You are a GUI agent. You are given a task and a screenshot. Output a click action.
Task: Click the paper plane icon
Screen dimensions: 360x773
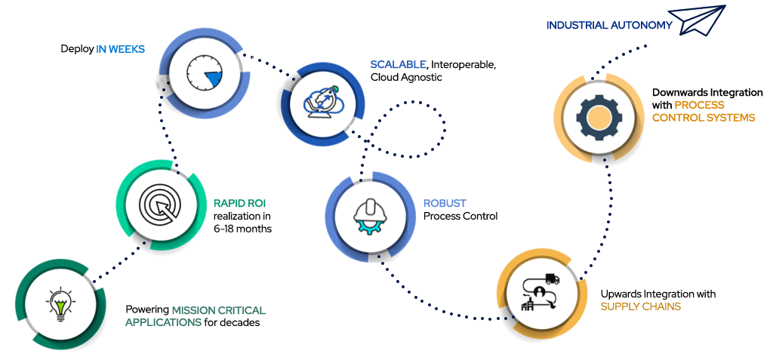tap(702, 20)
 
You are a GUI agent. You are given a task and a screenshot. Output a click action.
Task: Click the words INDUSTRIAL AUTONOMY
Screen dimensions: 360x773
tap(608, 25)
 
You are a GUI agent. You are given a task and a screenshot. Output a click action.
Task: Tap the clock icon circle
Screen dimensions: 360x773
tap(200, 73)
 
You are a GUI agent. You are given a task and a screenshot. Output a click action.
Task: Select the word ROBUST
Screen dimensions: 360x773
tap(445, 204)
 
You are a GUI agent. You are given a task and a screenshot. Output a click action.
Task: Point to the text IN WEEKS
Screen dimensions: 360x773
tap(120, 49)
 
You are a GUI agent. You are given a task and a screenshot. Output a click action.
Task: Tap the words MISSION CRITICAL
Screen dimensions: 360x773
tap(218, 309)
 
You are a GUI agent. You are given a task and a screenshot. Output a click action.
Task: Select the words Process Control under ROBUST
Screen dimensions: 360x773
tap(461, 217)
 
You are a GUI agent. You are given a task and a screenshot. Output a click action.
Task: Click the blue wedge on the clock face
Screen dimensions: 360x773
tap(215, 78)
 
